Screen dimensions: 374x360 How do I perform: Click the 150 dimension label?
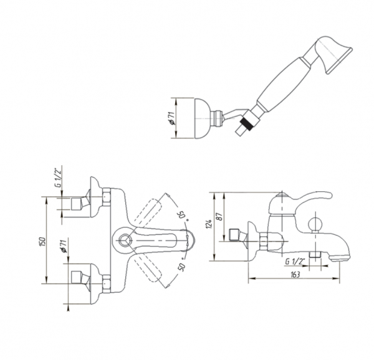42,242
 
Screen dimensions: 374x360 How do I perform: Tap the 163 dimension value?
295,275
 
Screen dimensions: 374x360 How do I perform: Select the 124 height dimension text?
208,224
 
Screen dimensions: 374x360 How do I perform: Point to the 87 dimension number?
219,216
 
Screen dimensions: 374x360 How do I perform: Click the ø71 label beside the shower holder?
172,118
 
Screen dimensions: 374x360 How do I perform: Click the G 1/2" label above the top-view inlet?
59,178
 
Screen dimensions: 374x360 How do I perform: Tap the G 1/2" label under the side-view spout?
295,262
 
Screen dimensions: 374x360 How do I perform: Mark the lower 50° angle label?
182,265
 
